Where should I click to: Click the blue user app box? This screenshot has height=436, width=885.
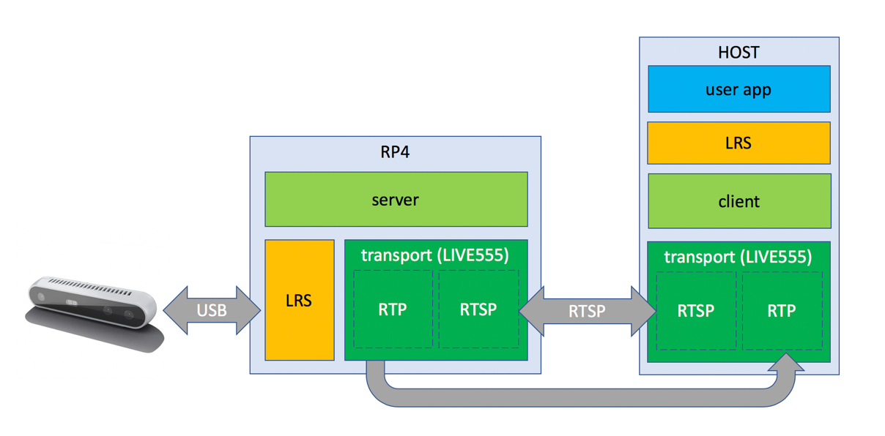coord(738,89)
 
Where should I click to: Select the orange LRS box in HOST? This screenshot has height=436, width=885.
coord(738,143)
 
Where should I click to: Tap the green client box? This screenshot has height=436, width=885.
coord(738,201)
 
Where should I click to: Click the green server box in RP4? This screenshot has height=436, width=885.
coord(396,199)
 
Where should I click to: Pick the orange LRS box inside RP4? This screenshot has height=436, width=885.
coord(299,300)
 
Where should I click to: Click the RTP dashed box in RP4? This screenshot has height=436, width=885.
coord(393,309)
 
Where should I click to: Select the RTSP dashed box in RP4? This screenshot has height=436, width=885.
coord(478,309)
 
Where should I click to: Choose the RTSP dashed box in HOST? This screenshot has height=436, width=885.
coord(696,311)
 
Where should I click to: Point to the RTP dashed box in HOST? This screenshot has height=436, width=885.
coord(782,311)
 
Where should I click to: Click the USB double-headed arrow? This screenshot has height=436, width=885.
coord(211,310)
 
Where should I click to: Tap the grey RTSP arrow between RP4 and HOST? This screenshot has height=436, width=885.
coord(588,311)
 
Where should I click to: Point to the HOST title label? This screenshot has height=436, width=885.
coord(738,53)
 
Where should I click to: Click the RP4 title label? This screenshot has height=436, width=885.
coord(395,153)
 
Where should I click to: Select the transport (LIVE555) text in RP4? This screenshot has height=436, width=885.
coord(434,255)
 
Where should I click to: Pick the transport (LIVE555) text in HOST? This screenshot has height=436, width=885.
coord(738,257)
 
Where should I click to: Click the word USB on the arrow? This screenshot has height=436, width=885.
coord(211,310)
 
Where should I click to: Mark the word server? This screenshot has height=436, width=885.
coord(396,199)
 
